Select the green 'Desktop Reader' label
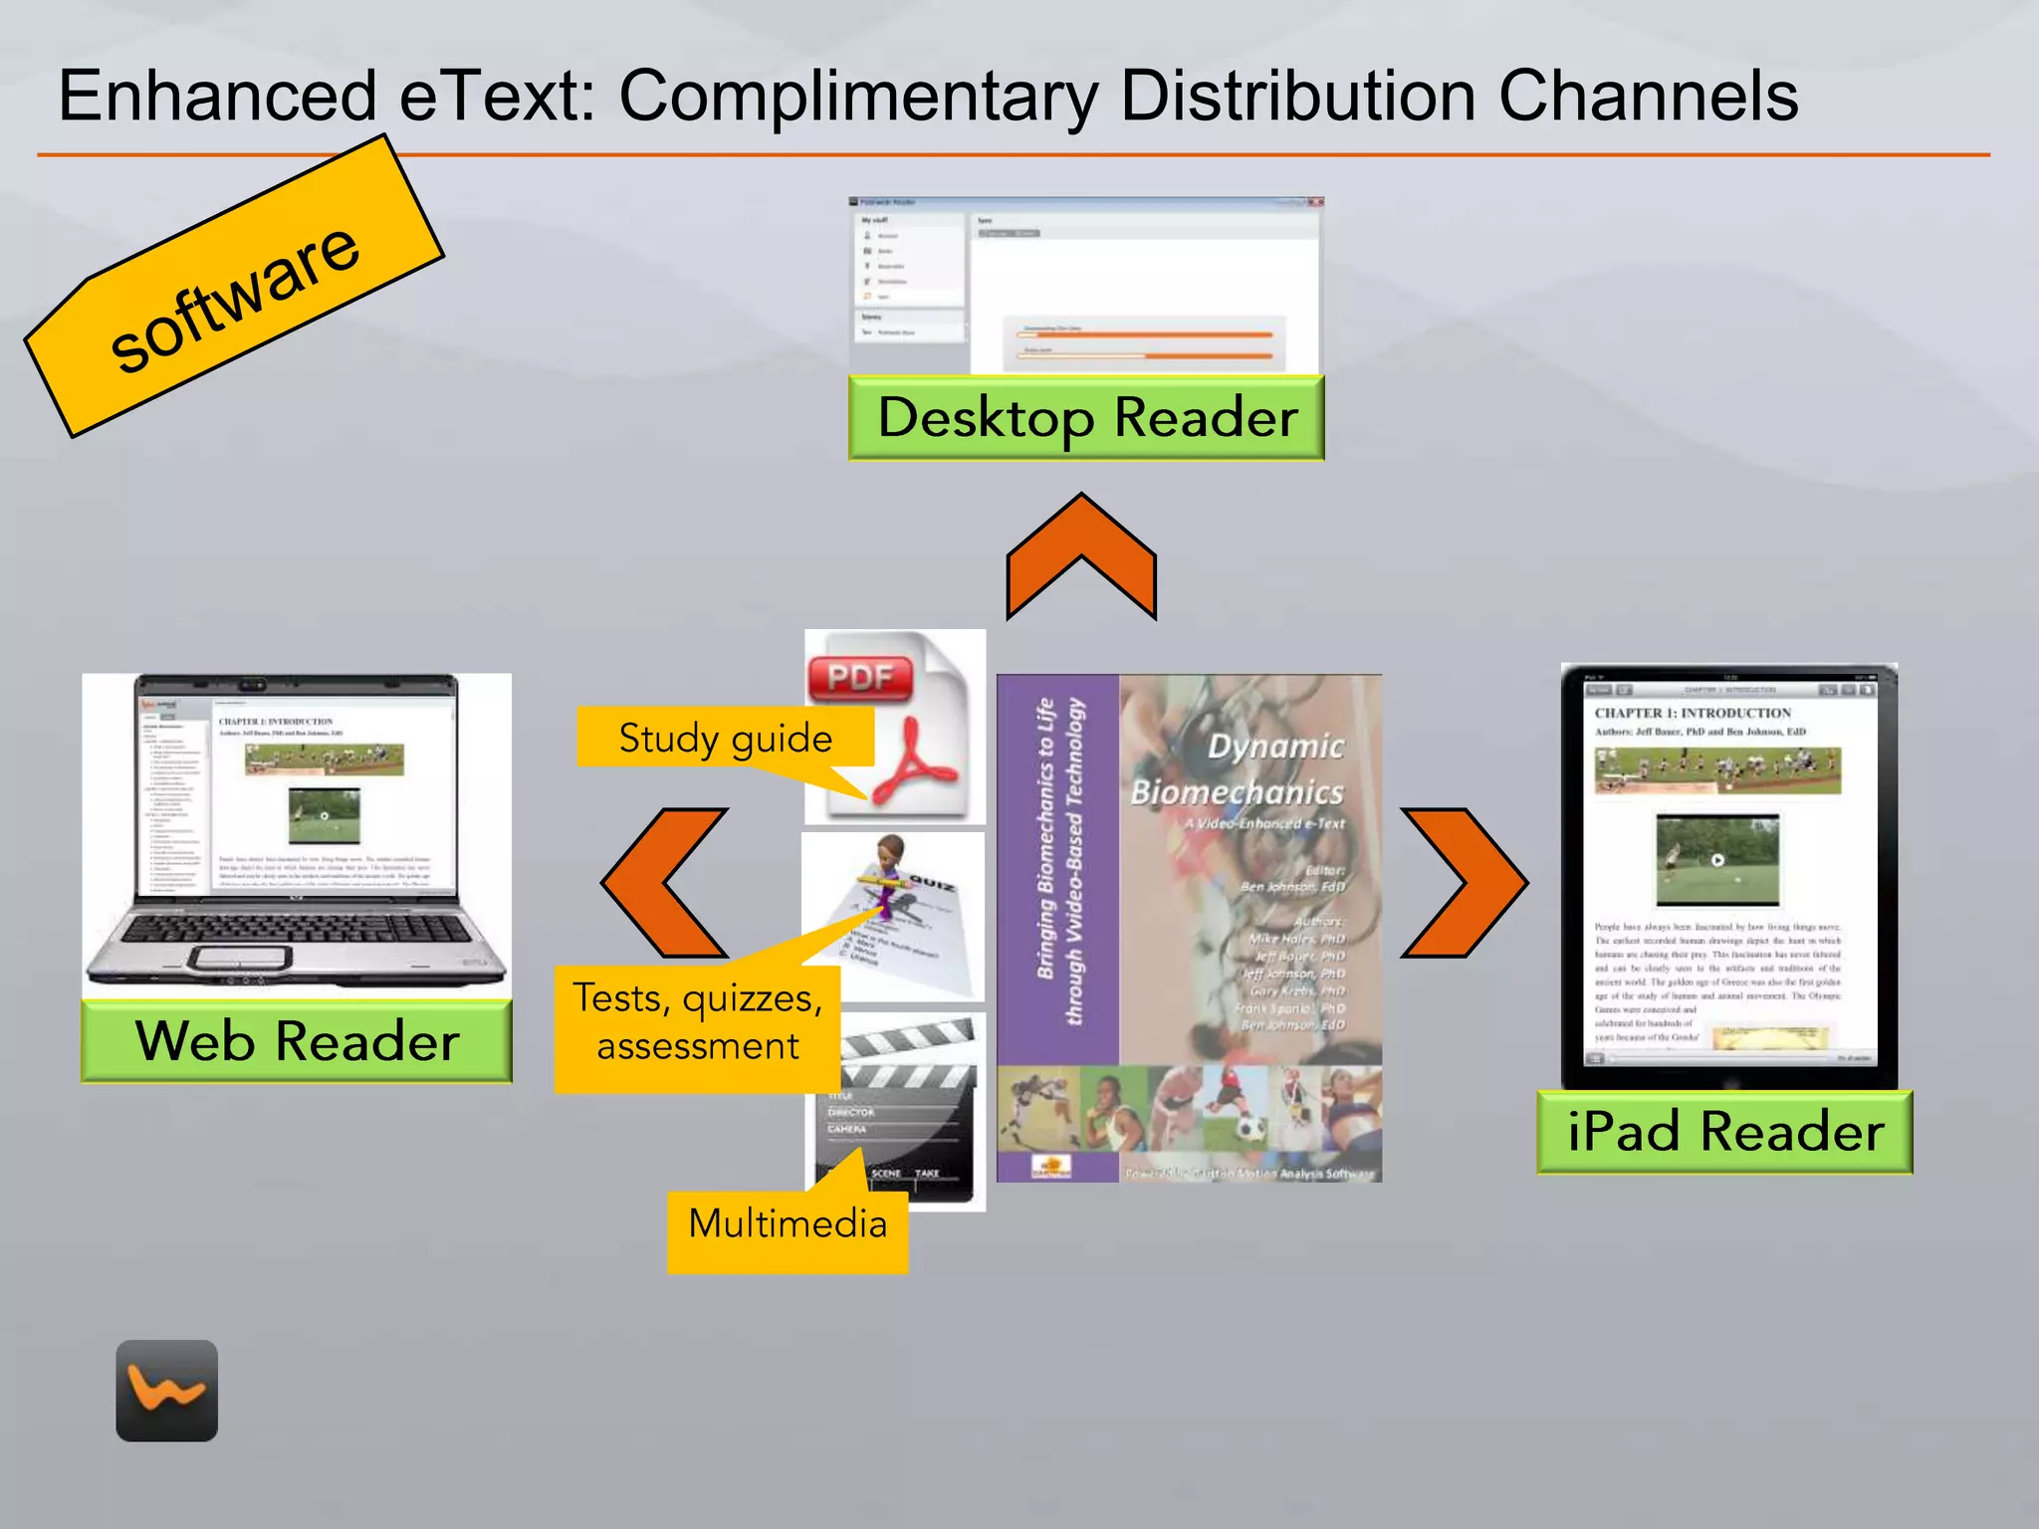1086,417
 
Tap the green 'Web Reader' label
297,1041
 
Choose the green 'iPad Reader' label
1724,1132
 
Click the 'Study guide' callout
725,738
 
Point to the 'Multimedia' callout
788,1223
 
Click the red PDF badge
860,678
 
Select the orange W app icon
166,1391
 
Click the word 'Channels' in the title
1648,97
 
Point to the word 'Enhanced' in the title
217,97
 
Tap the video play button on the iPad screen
1717,860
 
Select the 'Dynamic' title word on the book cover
1275,747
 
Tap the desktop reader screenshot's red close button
1315,202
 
